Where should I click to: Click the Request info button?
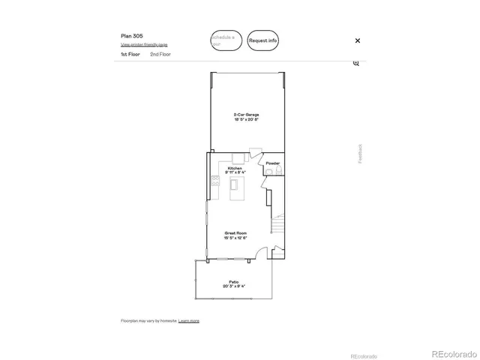tap(263, 40)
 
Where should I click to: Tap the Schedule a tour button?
tap(226, 40)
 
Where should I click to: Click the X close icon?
tap(357, 40)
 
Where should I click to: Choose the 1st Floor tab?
tap(130, 55)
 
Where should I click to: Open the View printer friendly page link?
tap(145, 45)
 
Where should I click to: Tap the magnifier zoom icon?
tap(356, 63)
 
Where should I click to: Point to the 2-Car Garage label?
tap(246, 115)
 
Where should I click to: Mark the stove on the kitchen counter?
tap(215, 181)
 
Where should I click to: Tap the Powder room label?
tap(273, 163)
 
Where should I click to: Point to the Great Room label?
tap(235, 233)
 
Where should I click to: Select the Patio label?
tap(233, 281)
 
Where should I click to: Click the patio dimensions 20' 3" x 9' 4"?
tap(233, 286)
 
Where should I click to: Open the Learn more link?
tap(189, 321)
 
